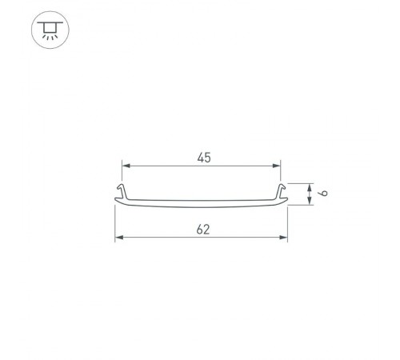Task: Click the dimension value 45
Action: pos(202,158)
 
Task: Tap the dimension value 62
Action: pos(202,229)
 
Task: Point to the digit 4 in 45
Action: pos(198,158)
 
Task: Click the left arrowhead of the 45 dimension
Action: pos(125,166)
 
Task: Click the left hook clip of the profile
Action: pos(122,190)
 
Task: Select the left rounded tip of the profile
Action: pos(117,202)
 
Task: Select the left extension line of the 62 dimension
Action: pos(115,224)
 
